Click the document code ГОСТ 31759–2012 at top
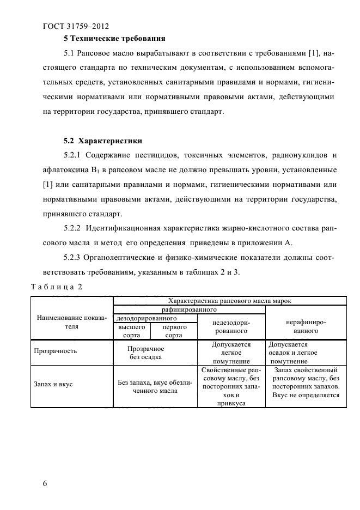[76, 25]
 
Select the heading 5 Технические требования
[114, 39]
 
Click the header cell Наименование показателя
[72, 321]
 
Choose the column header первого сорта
[174, 331]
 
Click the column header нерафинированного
[306, 326]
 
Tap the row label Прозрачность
[56, 351]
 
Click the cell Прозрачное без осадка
[145, 352]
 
